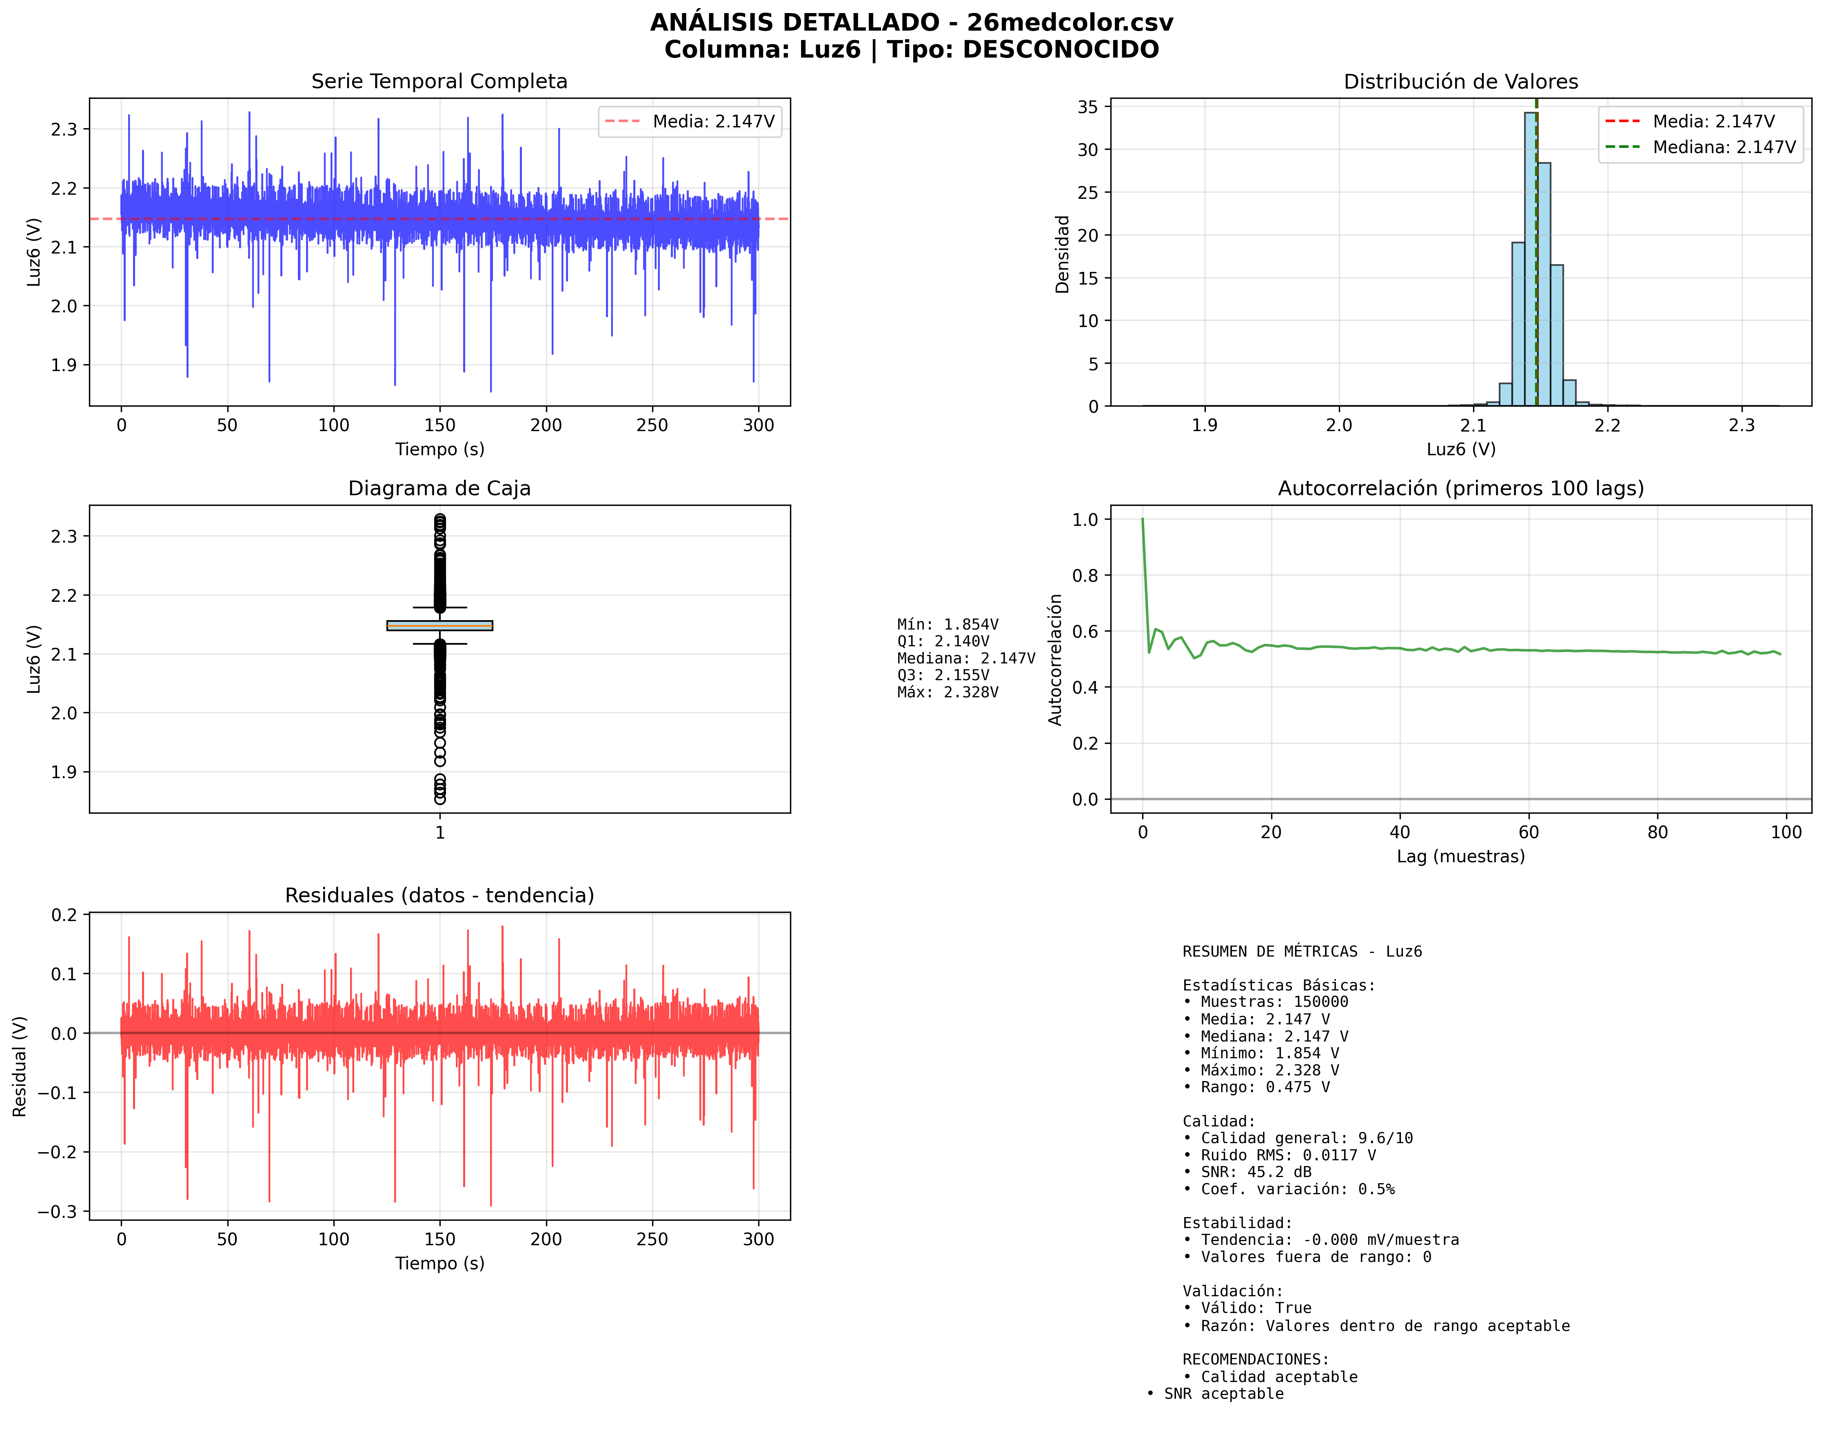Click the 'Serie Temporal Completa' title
point(439,81)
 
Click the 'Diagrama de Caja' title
point(439,488)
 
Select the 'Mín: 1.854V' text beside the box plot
point(947,624)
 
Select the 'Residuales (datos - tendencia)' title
point(439,896)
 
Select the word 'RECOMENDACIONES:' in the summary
point(1255,1359)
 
